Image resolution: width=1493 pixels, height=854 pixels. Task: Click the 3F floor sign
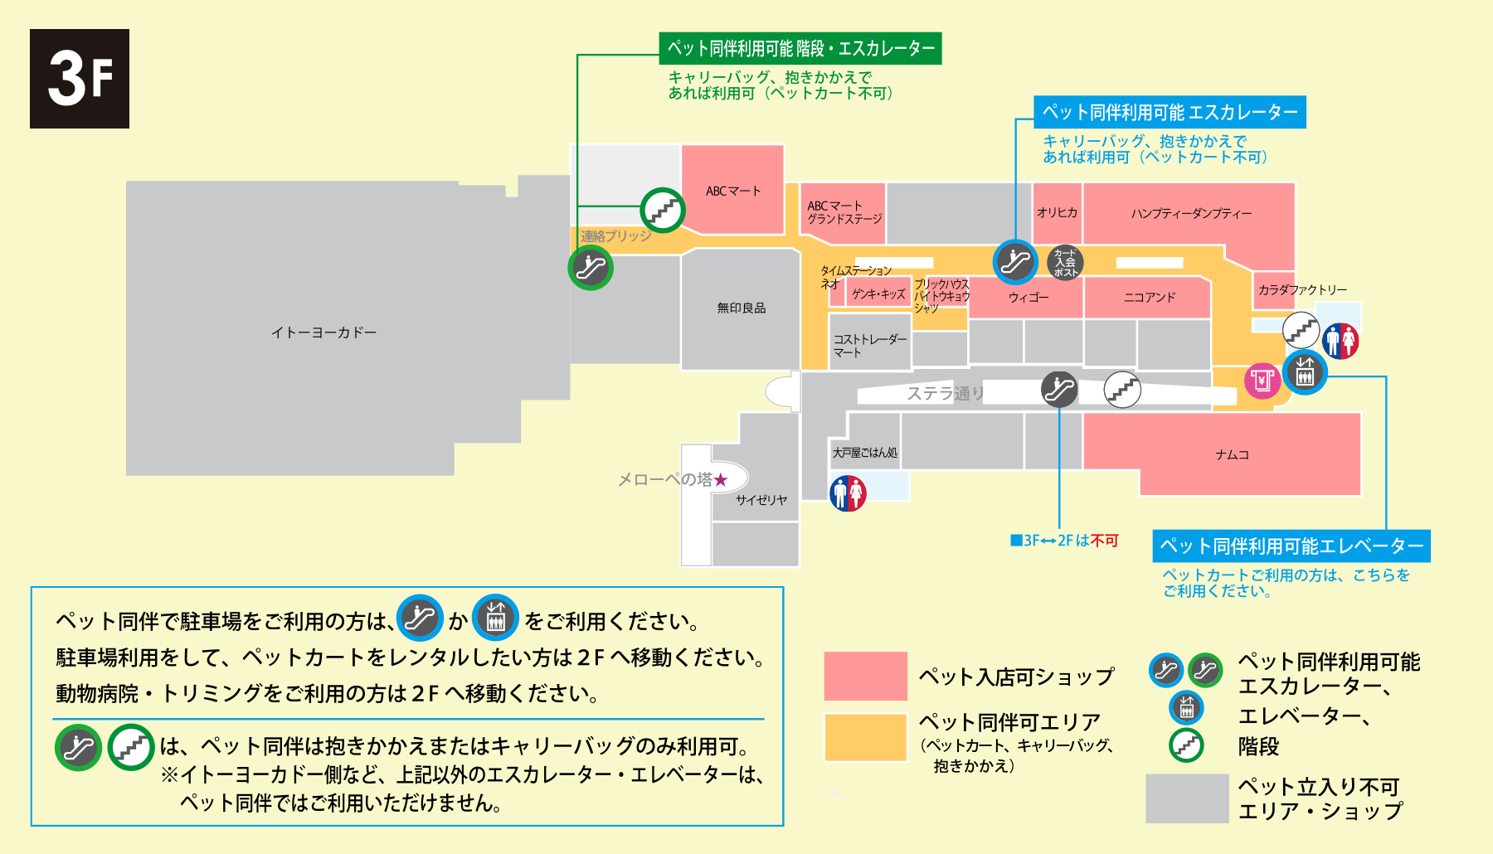pos(80,79)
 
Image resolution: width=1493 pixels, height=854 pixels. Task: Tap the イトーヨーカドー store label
pos(323,332)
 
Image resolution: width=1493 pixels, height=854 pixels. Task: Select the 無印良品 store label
pos(742,308)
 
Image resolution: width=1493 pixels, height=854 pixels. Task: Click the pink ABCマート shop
pos(732,191)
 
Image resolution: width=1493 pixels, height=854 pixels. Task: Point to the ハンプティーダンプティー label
pos(1191,214)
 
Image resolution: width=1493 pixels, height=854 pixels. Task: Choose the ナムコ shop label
pos(1232,455)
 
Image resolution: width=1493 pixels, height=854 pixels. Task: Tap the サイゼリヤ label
pos(761,500)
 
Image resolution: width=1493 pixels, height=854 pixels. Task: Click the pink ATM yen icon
pos(1262,381)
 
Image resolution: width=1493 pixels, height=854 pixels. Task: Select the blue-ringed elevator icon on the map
pos(1305,373)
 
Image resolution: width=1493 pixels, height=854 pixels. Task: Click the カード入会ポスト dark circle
pos(1065,262)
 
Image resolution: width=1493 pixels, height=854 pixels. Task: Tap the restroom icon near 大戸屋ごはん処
pos(848,493)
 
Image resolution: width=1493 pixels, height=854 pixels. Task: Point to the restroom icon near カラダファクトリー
pos(1340,340)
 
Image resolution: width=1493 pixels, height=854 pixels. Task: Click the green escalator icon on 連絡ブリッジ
pos(591,268)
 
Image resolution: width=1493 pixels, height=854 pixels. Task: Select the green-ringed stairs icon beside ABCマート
pos(663,210)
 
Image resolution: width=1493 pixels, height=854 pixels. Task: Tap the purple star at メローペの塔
pos(720,480)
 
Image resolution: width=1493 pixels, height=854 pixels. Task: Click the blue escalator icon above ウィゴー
pos(1015,262)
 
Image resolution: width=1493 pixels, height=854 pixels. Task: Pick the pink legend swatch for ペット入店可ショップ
pos(865,676)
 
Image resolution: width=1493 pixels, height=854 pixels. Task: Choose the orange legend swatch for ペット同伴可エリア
pos(865,737)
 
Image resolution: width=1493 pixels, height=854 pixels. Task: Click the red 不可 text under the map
pos(1104,541)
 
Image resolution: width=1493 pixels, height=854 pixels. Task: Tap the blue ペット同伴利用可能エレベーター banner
pos(1291,546)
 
